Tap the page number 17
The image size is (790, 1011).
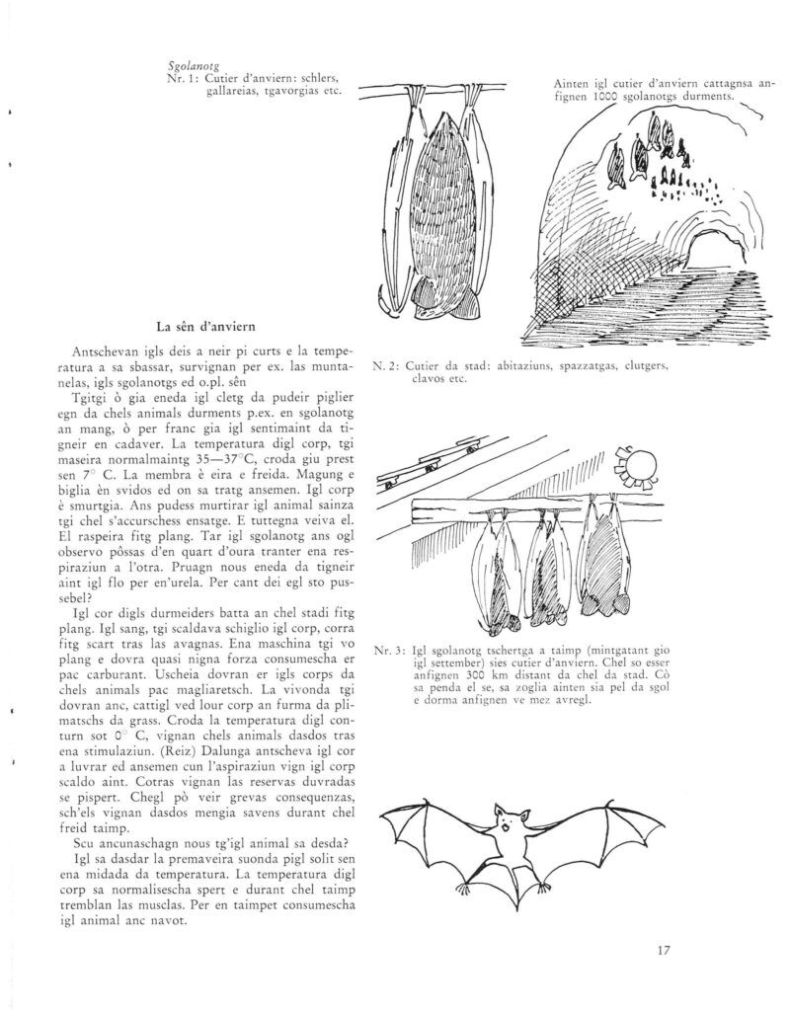pos(663,952)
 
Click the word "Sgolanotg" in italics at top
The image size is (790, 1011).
pos(194,65)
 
